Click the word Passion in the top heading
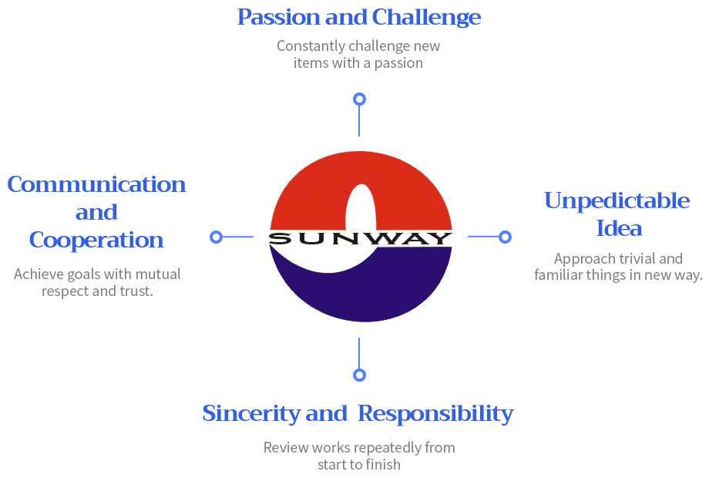click(278, 18)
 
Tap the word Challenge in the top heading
click(426, 18)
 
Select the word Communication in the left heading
click(96, 184)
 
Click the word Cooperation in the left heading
click(96, 241)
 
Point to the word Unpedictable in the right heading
click(617, 200)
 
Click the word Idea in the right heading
click(619, 228)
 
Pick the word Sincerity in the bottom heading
click(251, 414)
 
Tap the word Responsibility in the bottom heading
click(436, 414)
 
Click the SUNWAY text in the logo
click(361, 238)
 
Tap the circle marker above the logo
click(359, 99)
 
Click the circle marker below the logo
click(359, 375)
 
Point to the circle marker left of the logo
click(217, 237)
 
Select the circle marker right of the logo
click(505, 237)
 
